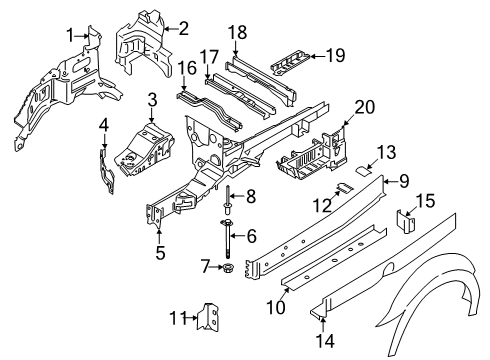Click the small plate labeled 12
pos(341,186)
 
